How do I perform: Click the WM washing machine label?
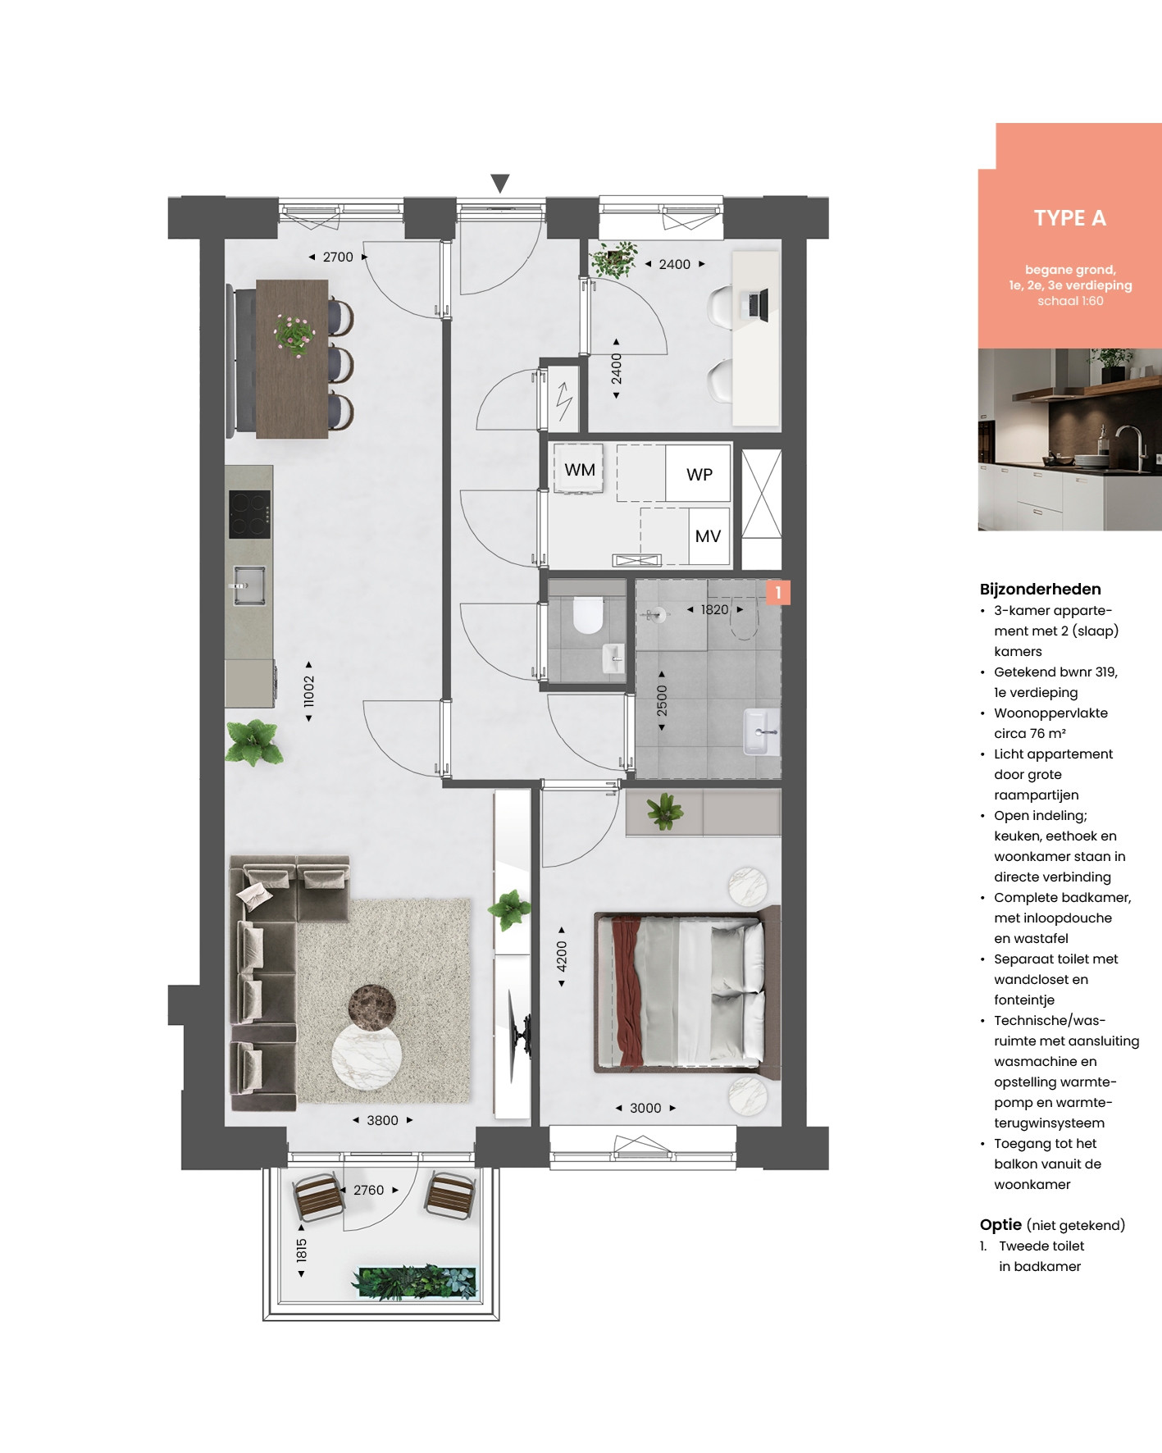click(x=580, y=470)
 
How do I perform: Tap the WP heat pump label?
click(x=699, y=475)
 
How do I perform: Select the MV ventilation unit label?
click(x=708, y=536)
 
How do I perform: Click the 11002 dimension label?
click(x=308, y=691)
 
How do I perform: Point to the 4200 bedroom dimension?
click(x=562, y=957)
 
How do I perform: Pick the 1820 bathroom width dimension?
click(x=714, y=609)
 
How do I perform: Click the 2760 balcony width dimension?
click(x=368, y=1190)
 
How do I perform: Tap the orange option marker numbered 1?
click(x=778, y=592)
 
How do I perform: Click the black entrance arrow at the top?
click(x=500, y=184)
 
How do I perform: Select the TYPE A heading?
click(x=1070, y=218)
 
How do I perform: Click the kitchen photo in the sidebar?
click(x=1070, y=440)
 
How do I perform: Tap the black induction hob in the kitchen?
click(x=249, y=514)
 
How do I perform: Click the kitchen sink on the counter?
click(x=248, y=585)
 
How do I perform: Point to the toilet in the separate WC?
click(x=588, y=615)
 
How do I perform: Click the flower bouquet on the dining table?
click(x=294, y=334)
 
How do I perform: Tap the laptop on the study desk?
click(x=758, y=305)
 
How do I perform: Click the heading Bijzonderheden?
click(x=1040, y=589)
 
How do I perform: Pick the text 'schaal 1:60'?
click(x=1070, y=301)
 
